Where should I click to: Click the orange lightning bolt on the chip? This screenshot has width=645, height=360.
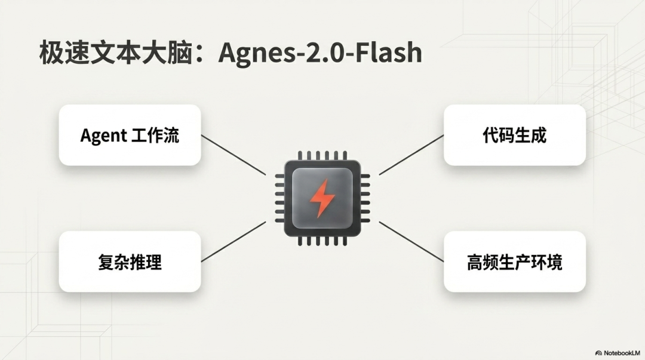pyautogui.click(x=322, y=198)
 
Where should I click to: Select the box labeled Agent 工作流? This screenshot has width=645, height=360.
pyautogui.click(x=130, y=135)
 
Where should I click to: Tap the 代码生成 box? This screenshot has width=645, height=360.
pyautogui.click(x=515, y=135)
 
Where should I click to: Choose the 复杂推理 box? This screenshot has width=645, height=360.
pyautogui.click(x=130, y=261)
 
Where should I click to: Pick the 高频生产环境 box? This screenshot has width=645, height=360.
pyautogui.click(x=515, y=261)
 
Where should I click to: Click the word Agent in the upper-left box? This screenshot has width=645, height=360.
pyautogui.click(x=104, y=136)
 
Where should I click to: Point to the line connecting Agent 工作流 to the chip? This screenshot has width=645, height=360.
pyautogui.click(x=234, y=155)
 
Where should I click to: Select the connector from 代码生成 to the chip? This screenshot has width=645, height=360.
pyautogui.click(x=411, y=155)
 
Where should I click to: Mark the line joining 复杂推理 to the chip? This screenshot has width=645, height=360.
pyautogui.click(x=234, y=242)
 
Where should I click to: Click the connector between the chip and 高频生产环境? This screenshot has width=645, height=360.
pyautogui.click(x=411, y=242)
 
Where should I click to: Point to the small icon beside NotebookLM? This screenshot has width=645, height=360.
pyautogui.click(x=598, y=353)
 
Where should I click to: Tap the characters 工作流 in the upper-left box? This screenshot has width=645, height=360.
pyautogui.click(x=155, y=135)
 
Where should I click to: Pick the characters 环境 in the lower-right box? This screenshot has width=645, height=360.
pyautogui.click(x=546, y=262)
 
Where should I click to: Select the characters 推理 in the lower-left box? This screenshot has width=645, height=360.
pyautogui.click(x=146, y=262)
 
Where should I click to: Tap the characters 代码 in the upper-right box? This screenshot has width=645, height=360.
pyautogui.click(x=499, y=136)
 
